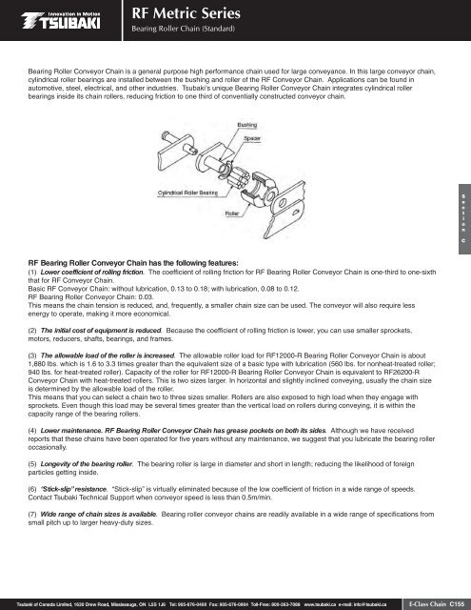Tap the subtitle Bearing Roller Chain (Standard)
pyautogui.click(x=182, y=30)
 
